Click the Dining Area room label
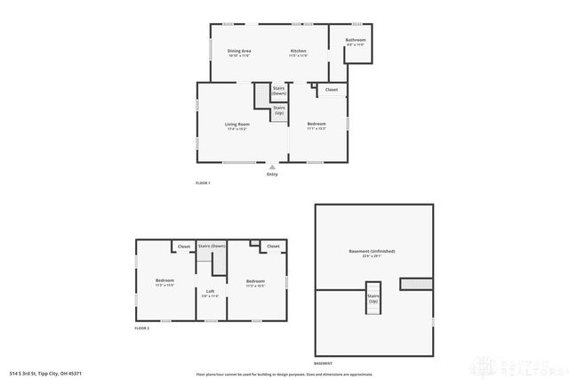[x=238, y=51]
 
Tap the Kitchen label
[x=298, y=51]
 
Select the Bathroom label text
[x=356, y=40]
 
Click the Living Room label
[x=236, y=124]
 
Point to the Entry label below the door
[x=272, y=174]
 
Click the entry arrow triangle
[x=272, y=166]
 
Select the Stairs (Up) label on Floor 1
[x=279, y=111]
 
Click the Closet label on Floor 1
[x=331, y=90]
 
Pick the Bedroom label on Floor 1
[x=317, y=124]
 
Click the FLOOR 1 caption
[x=203, y=182]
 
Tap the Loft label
[x=211, y=291]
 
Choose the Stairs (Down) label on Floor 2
[x=212, y=246]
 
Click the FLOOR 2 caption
[x=142, y=328]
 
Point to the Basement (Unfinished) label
[x=372, y=251]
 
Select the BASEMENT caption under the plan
[x=324, y=364]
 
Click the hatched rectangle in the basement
[x=414, y=284]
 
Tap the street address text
[x=44, y=374]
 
